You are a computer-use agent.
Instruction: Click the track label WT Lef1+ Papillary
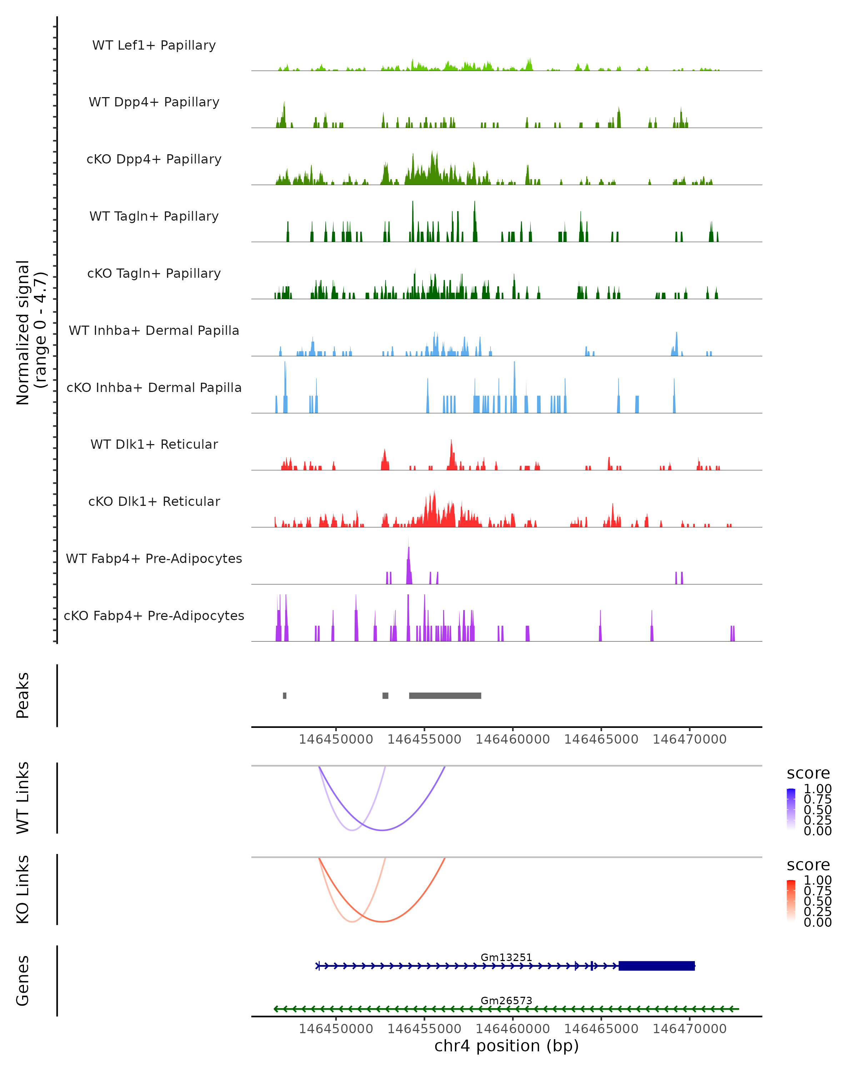154,45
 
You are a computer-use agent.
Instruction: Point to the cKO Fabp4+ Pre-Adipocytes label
154,615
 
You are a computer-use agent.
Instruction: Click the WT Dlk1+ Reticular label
154,444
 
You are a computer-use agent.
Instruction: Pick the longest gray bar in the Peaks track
445,695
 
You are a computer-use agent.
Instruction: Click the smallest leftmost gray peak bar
285,695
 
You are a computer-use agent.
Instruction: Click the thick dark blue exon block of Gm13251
656,966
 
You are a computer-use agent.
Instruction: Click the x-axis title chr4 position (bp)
506,1046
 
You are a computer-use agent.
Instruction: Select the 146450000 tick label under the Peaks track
336,739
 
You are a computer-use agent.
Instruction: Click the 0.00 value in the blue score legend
817,831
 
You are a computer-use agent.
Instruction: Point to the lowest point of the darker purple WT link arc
382,830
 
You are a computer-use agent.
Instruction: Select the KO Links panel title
23,889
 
